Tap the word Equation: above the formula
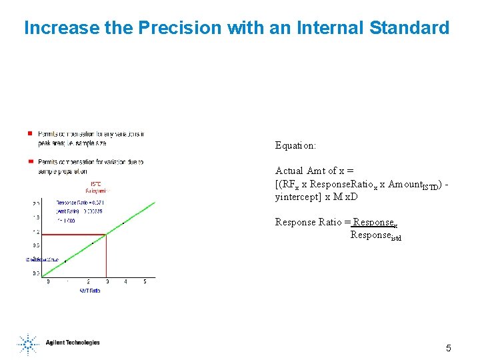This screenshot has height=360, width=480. pos(295,145)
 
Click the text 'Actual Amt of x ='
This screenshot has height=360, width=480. pos(314,171)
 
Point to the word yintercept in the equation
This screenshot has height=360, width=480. pos(297,197)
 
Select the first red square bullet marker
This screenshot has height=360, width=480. pos(30,133)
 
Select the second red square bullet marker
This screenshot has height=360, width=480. pos(30,161)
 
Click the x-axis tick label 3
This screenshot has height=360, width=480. pos(107,282)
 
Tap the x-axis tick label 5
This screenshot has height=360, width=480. pos(145,282)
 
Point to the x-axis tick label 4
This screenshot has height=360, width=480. pos(126,282)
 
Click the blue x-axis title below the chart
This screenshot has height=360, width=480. pos(89,291)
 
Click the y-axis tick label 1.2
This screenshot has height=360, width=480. pos(37,233)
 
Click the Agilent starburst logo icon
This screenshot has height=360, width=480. pos(28,343)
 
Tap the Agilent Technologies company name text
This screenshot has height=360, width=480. pos(73,343)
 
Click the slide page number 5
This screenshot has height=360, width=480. pos(448,347)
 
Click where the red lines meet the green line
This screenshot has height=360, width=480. pos(107,234)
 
